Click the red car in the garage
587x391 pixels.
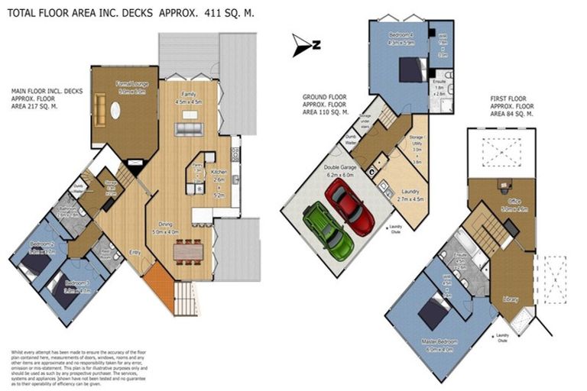(349, 208)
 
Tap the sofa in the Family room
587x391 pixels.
(188, 128)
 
